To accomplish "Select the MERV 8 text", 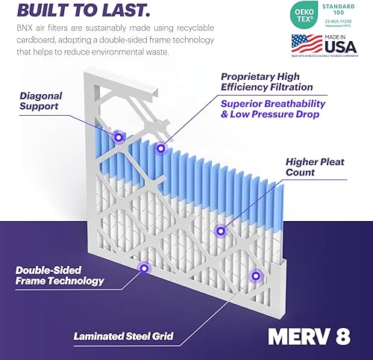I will (309, 336).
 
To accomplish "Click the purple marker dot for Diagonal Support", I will (118, 138).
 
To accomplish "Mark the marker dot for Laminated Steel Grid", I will (256, 276).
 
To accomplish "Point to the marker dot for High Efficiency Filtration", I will (160, 148).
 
